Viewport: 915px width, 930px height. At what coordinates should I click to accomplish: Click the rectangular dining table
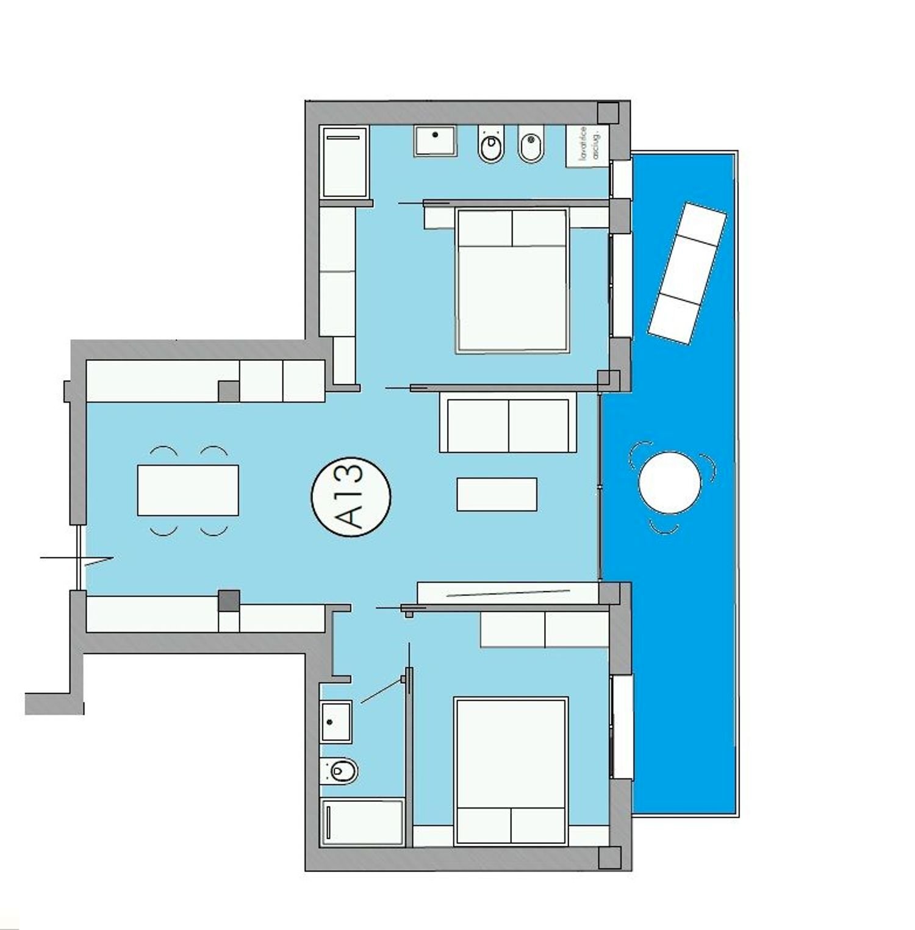point(188,490)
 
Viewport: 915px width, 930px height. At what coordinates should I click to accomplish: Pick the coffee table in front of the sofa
point(497,494)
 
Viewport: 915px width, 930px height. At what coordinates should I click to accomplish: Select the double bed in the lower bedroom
point(511,771)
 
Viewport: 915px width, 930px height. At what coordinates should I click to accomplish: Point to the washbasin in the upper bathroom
point(435,141)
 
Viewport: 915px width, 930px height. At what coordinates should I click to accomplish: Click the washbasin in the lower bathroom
point(336,721)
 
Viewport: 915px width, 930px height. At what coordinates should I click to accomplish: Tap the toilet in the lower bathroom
point(340,771)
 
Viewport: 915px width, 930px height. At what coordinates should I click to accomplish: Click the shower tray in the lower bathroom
point(362,822)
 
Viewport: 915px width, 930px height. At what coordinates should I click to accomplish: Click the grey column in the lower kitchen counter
point(229,601)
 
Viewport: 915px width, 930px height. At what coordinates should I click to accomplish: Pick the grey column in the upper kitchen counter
point(229,391)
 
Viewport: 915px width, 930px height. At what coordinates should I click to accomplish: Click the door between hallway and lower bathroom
point(383,690)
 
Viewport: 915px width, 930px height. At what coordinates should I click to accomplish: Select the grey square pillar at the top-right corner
point(608,113)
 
